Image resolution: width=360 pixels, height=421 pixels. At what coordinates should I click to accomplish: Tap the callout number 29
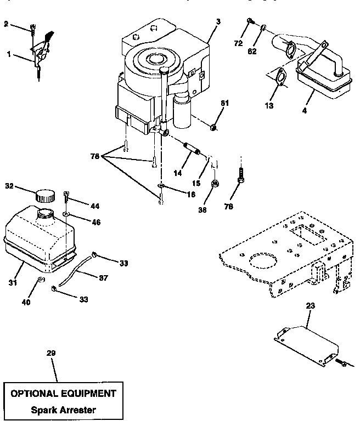click(50, 354)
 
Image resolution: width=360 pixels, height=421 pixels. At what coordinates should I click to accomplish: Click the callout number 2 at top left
click(6, 24)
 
